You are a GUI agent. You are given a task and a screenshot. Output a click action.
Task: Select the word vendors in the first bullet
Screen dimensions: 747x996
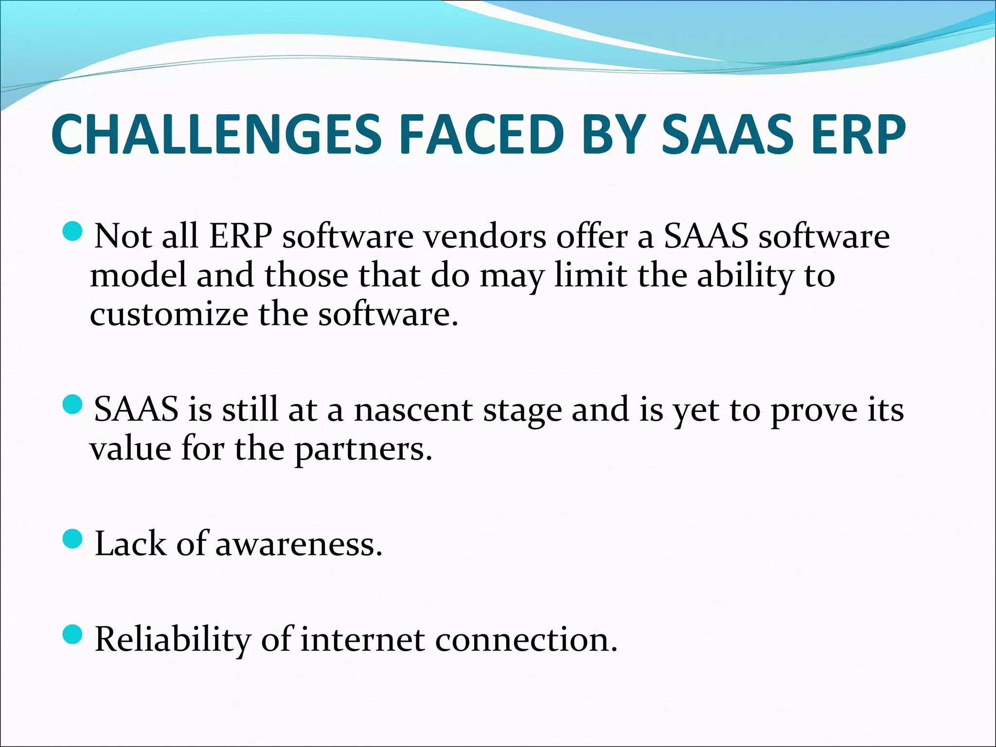pyautogui.click(x=484, y=237)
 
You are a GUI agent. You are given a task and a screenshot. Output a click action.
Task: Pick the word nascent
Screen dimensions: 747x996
pyautogui.click(x=413, y=410)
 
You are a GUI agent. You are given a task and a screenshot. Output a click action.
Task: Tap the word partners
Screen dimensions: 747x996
pyautogui.click(x=363, y=449)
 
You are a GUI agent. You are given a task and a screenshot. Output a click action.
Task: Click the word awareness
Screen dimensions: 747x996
pyautogui.click(x=298, y=544)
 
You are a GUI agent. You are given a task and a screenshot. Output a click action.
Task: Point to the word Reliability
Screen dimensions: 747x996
pyautogui.click(x=172, y=640)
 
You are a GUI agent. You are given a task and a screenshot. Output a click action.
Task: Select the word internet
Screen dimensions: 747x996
pyautogui.click(x=362, y=640)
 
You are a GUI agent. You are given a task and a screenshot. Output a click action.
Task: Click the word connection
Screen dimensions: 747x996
pyautogui.click(x=526, y=640)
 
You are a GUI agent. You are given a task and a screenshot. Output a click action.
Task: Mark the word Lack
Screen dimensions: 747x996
pyautogui.click(x=130, y=544)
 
